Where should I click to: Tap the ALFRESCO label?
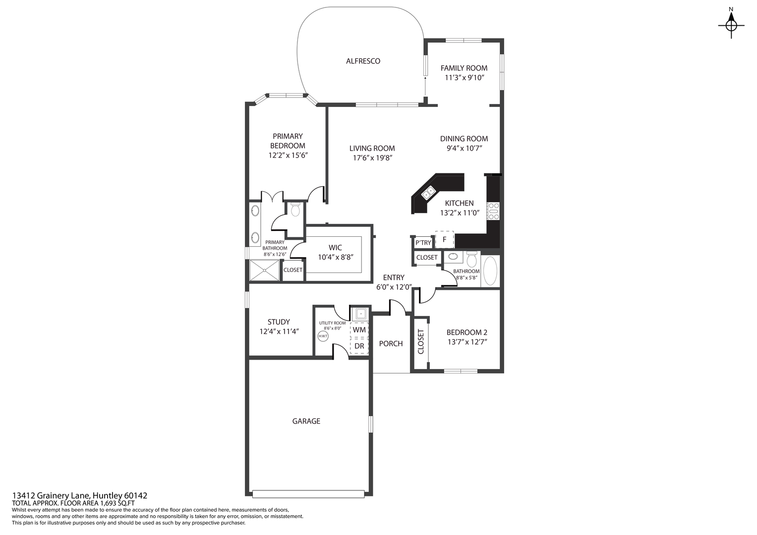363,61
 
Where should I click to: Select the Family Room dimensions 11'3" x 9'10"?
464,78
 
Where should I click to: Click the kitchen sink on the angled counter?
428,192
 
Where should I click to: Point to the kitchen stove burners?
493,211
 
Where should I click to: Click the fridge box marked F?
445,239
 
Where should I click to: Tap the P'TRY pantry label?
423,243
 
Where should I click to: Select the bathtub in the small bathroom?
490,270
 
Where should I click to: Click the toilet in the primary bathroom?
295,210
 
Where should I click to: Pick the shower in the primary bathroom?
264,270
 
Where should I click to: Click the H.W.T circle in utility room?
322,336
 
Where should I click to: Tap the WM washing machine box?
359,330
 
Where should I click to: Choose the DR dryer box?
359,346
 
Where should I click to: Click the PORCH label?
391,343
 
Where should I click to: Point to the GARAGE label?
306,421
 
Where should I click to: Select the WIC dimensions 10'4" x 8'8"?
335,257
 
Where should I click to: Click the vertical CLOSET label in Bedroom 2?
421,342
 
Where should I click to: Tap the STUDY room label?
279,321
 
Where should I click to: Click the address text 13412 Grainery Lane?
79,495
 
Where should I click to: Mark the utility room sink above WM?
360,314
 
